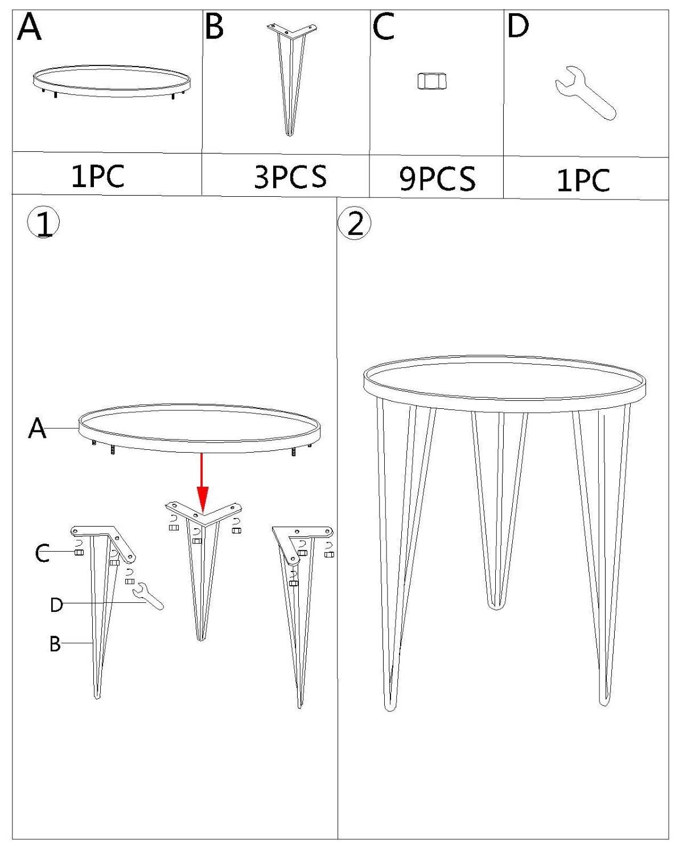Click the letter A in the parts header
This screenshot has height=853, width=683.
click(x=29, y=27)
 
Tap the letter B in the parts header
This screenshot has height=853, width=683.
click(x=215, y=26)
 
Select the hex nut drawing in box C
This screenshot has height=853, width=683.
click(x=432, y=81)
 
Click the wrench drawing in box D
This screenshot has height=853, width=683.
click(x=585, y=93)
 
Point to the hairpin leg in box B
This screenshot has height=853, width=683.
click(x=291, y=79)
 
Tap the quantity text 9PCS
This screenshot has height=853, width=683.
click(x=437, y=179)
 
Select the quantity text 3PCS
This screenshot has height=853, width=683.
click(x=290, y=177)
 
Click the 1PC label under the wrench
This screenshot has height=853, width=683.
click(x=583, y=181)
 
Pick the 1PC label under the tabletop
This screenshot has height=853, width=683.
click(x=98, y=176)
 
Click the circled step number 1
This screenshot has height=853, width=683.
click(x=43, y=223)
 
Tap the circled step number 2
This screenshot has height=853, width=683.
click(x=355, y=225)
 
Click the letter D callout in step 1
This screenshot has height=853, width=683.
click(x=56, y=605)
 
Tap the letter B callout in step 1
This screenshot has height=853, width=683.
click(x=55, y=644)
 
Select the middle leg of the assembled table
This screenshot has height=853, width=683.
click(x=499, y=510)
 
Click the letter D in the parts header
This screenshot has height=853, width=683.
click(x=518, y=26)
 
